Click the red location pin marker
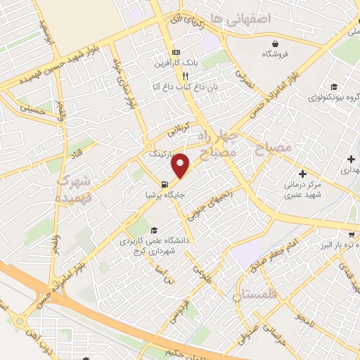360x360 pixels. point(181,165)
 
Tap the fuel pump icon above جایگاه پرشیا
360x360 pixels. point(165,186)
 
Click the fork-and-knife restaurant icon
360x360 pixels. point(185,75)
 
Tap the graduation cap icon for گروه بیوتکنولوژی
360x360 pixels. point(330,87)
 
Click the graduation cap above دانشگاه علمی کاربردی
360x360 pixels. point(153,230)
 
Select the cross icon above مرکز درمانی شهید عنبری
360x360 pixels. point(302,174)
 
